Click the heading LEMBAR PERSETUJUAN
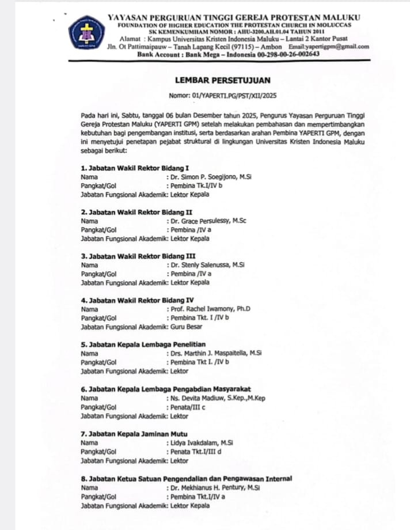point(222,81)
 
